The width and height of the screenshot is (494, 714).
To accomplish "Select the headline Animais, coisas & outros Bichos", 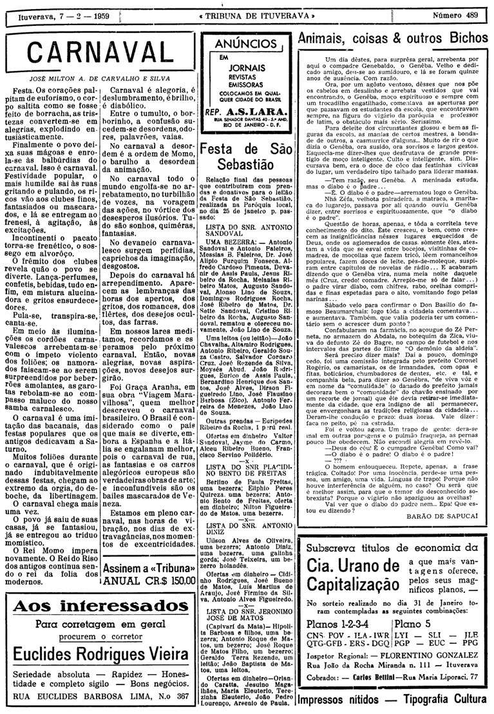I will click(x=395, y=38).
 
